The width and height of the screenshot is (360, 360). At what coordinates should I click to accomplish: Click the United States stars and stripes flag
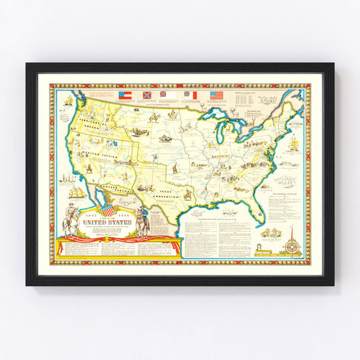click(215, 95)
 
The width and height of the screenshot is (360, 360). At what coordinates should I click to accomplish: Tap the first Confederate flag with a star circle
click(125, 95)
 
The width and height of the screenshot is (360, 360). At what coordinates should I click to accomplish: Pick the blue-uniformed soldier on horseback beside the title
click(143, 220)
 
